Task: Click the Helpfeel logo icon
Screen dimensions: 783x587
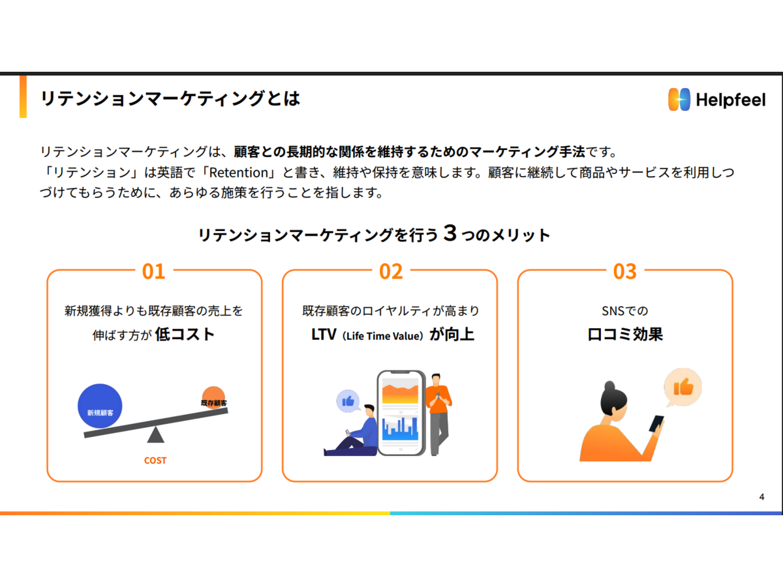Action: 679,99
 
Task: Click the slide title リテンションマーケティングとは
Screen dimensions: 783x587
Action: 170,98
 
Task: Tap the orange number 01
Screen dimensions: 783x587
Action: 154,271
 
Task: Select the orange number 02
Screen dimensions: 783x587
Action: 391,271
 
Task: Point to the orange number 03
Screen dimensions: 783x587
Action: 625,271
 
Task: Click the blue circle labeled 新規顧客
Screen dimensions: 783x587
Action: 100,406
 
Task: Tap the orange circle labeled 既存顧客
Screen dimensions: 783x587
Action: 213,397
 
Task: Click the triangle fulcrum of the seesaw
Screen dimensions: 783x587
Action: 155,435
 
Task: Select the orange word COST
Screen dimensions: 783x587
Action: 155,460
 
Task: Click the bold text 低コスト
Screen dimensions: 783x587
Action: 185,335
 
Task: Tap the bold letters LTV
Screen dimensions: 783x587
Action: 324,335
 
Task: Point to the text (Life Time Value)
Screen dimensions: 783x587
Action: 383,336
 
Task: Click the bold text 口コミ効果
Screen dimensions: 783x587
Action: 625,335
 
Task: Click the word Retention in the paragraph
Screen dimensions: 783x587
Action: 239,172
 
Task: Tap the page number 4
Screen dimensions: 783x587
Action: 761,497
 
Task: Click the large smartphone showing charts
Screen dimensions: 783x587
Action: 401,413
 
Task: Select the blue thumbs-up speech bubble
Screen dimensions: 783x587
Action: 348,401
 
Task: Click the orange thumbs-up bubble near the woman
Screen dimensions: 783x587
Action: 683,387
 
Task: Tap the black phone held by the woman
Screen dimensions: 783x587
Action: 656,424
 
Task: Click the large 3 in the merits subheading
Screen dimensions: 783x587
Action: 450,233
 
